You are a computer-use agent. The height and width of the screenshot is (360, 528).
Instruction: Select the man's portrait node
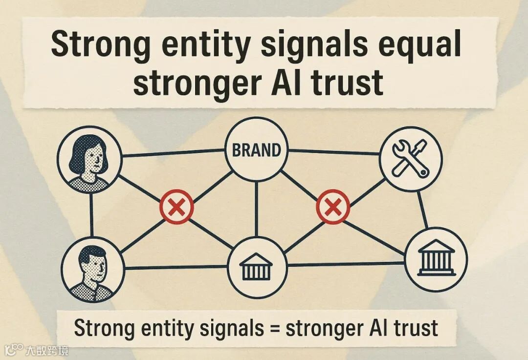click(x=91, y=269)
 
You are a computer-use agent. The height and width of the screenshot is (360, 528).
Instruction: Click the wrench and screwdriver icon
click(x=410, y=157)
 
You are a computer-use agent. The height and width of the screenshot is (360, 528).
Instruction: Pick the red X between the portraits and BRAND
click(x=176, y=207)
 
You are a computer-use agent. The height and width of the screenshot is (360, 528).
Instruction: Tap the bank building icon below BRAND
click(x=255, y=267)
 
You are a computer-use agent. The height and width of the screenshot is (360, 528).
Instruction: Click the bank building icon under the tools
click(x=436, y=259)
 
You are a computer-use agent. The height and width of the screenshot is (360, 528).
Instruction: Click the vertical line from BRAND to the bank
click(x=256, y=208)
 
